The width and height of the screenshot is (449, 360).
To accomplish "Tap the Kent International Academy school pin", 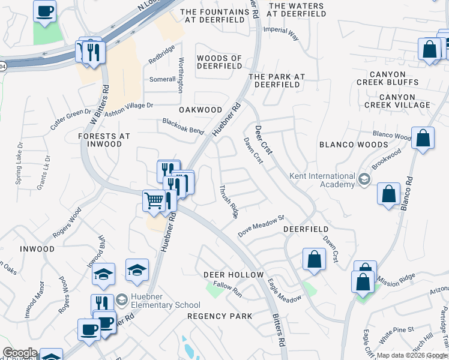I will pos(364,179).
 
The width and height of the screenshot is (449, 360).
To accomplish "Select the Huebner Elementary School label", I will pos(158,305).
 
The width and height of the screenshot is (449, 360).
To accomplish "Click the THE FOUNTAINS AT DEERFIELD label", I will pos(212,16).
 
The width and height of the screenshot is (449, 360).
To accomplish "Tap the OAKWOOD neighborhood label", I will pos(200,110).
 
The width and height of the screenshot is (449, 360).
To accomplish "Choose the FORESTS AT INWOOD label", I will pos(104,140).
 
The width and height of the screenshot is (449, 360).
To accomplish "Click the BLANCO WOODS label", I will pos(354,145).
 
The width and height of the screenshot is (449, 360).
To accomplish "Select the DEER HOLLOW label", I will pos(234,274).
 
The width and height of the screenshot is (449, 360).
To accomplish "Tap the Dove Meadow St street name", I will pos(260,226).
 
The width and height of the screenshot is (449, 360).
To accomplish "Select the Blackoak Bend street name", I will pos(183,126).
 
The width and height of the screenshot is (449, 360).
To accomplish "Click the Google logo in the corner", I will pos(19,353).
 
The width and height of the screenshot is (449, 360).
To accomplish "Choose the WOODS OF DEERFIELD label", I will pos(219,62).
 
